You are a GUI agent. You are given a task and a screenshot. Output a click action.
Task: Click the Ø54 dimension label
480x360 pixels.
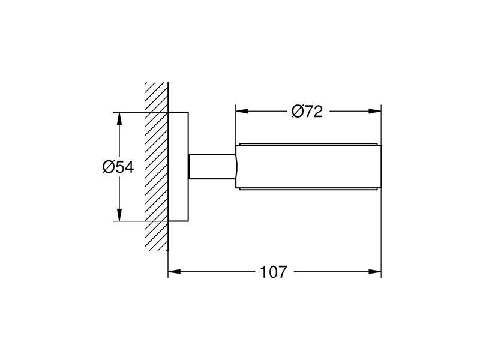coord(118,167)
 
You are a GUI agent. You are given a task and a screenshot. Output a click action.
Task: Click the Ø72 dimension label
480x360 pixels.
coord(307,112)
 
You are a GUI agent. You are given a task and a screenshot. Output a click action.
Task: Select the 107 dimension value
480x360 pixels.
coord(274,272)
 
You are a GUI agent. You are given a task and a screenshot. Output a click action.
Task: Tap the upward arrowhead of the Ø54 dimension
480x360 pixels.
coord(119,119)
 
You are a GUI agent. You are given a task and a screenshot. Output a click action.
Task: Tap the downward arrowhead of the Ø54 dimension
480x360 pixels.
coord(119,214)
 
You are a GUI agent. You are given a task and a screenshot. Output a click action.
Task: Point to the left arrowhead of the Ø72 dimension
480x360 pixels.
coord(242,111)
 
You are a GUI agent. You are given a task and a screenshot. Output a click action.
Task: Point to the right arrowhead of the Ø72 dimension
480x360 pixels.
coord(375,111)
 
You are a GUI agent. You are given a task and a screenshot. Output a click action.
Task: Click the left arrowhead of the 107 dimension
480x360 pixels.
coord(175,272)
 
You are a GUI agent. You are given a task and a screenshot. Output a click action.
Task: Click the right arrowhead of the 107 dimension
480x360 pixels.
coord(375,272)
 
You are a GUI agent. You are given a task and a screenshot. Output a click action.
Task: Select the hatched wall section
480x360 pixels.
coord(157,167)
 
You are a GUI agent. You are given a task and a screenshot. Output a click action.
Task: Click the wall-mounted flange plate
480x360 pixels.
coord(178,167)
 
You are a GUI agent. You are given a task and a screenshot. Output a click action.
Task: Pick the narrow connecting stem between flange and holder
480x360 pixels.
coord(212,167)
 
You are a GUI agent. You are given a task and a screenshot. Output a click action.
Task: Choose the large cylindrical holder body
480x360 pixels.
coord(308,167)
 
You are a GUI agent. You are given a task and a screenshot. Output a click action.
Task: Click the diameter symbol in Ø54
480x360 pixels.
coord(109,167)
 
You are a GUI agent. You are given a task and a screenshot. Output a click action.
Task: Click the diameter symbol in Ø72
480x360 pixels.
coord(297,112)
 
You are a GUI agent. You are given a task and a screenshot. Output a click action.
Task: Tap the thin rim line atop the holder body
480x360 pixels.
coord(308,144)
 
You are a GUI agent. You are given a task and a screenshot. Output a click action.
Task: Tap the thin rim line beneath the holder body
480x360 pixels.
coord(308,189)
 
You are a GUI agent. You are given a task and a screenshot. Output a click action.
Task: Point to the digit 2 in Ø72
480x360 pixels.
coord(318,112)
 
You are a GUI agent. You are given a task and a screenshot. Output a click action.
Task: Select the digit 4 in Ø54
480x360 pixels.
coord(129,167)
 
